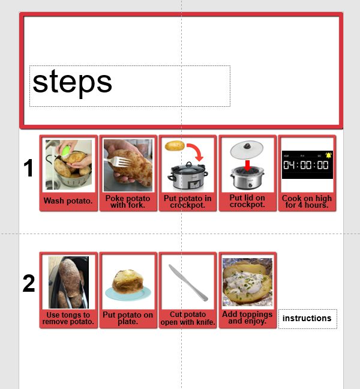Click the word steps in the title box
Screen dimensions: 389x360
coord(72,82)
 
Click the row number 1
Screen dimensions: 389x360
coord(28,169)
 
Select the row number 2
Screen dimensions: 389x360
coord(28,284)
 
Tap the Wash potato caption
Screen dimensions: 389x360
coord(68,201)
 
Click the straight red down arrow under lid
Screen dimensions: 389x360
coord(247,163)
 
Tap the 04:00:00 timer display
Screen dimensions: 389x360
coord(306,165)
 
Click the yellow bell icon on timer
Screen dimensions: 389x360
coord(328,154)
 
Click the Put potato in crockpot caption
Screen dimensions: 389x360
coord(188,202)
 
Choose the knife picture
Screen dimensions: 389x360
coord(188,282)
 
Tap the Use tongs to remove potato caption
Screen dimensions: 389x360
coord(68,318)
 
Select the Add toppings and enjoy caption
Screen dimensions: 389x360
coord(247,318)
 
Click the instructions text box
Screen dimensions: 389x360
coord(307,319)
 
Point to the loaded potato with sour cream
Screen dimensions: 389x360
coord(247,282)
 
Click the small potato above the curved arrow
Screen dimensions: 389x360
coord(175,146)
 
